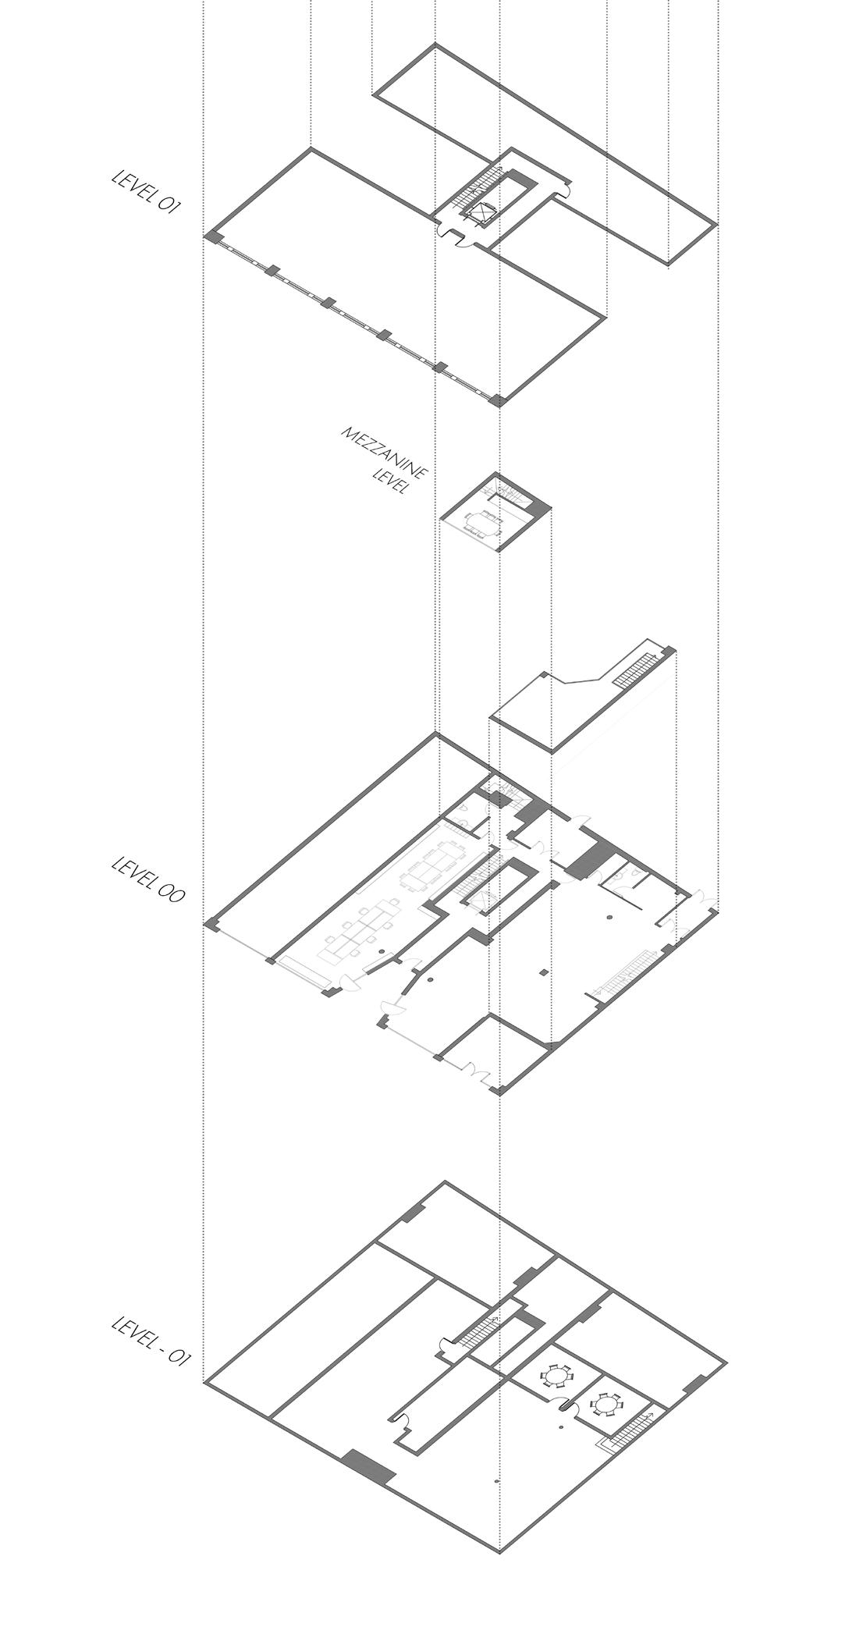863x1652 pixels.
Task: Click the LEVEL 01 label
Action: click(147, 190)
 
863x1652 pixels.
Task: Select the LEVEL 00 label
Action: click(148, 879)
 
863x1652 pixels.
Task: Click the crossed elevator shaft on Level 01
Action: click(478, 211)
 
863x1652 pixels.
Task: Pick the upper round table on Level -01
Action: click(556, 1374)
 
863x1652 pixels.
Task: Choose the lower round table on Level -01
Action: click(605, 1404)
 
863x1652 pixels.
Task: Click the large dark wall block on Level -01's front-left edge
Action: click(370, 1467)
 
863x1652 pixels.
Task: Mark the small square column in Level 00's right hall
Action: click(544, 972)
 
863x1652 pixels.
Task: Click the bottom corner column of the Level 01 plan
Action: click(497, 401)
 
